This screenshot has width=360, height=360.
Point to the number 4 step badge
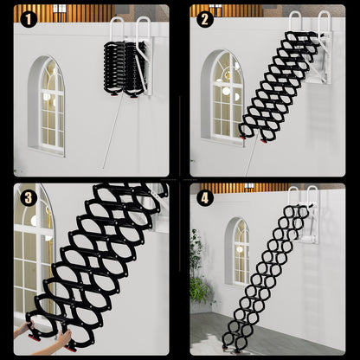coord(204,197)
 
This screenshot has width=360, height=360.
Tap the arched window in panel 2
coord(225,95)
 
